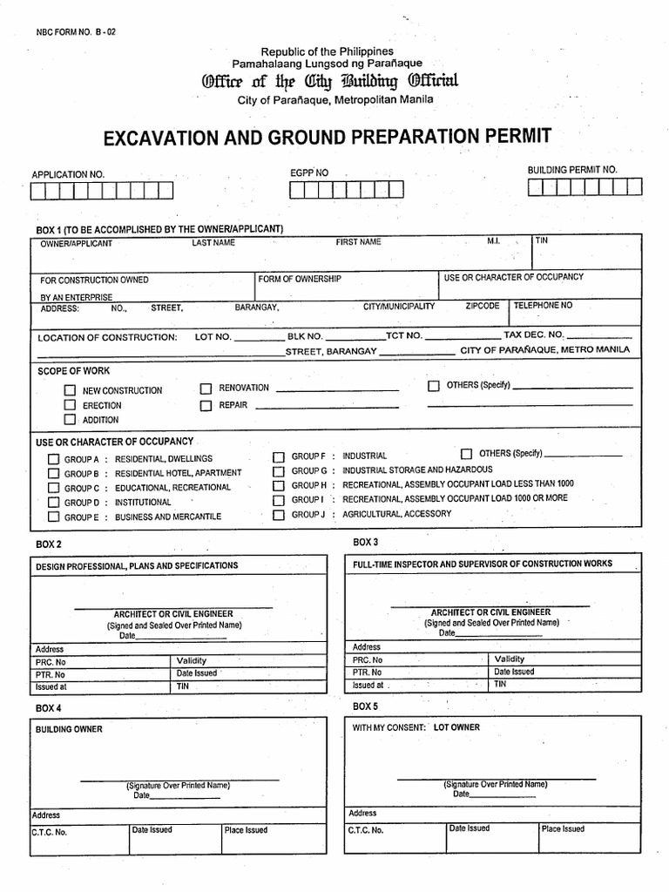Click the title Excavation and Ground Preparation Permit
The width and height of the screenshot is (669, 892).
point(328,137)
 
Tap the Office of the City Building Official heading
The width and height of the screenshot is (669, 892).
point(329,83)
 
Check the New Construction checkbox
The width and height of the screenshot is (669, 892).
point(70,391)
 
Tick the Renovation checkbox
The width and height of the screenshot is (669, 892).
point(206,389)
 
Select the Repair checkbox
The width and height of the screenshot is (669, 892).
point(206,406)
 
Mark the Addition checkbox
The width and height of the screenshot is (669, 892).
point(70,420)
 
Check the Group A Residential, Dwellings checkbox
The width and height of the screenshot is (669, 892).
point(53,459)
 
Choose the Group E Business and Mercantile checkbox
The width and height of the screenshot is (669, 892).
point(53,517)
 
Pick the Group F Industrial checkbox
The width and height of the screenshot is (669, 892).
point(279,456)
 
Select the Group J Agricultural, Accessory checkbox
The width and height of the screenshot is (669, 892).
point(279,514)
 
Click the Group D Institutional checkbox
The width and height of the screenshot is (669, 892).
point(53,503)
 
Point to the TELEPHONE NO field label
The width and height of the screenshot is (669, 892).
point(544,306)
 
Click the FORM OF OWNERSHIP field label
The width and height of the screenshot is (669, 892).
point(300,280)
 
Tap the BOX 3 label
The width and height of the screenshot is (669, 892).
point(365,542)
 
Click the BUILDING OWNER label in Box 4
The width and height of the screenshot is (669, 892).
point(69,729)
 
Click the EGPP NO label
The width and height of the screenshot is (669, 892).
point(309,173)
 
